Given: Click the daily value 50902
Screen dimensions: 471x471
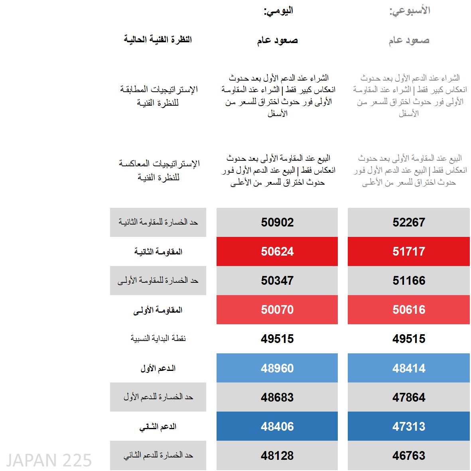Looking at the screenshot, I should click(x=277, y=222).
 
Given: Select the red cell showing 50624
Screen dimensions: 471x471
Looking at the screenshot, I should click(x=277, y=251).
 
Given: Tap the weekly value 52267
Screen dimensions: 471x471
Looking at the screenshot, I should click(x=409, y=222).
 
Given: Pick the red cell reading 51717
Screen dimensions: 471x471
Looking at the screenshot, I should click(x=409, y=251).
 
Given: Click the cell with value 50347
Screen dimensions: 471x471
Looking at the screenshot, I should click(x=277, y=280).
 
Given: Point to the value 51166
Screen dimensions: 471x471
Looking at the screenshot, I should click(x=409, y=280).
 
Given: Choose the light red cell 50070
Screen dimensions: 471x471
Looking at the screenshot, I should click(x=277, y=309).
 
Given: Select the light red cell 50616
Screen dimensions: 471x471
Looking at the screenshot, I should click(x=409, y=309).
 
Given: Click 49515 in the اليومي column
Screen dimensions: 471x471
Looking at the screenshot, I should click(x=277, y=339).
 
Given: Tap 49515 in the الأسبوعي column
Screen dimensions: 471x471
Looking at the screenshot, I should click(x=409, y=339).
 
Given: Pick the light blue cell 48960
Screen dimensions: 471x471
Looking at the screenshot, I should click(x=277, y=368).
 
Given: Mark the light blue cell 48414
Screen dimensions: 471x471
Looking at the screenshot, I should click(x=409, y=368).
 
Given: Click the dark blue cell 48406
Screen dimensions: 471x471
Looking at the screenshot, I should click(x=277, y=426).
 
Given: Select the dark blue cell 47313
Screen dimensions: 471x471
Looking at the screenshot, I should click(x=409, y=426).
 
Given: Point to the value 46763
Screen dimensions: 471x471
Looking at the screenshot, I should click(x=409, y=455).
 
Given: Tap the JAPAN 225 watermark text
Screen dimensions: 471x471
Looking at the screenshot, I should click(x=49, y=460).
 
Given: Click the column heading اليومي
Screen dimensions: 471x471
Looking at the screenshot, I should click(x=278, y=11).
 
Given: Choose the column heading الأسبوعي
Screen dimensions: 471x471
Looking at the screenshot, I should click(x=410, y=11).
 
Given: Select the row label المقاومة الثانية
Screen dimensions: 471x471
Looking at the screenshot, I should click(x=158, y=252).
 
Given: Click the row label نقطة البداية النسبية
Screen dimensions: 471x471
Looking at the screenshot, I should click(x=158, y=339).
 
